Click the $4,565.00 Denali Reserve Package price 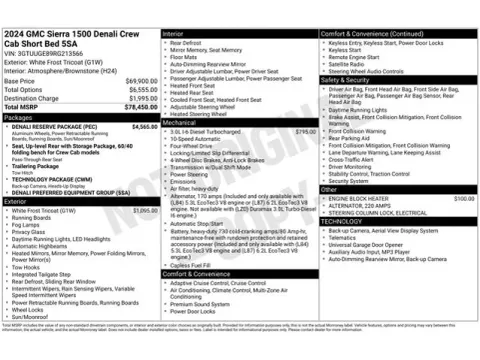pos(144,126)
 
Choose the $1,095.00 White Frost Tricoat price pos(144,211)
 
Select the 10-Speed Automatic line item pos(203,138)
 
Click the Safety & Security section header pos(349,79)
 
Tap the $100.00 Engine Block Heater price pos(464,199)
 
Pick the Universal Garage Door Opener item pos(371,244)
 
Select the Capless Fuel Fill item pos(196,264)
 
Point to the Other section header pos(329,188)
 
